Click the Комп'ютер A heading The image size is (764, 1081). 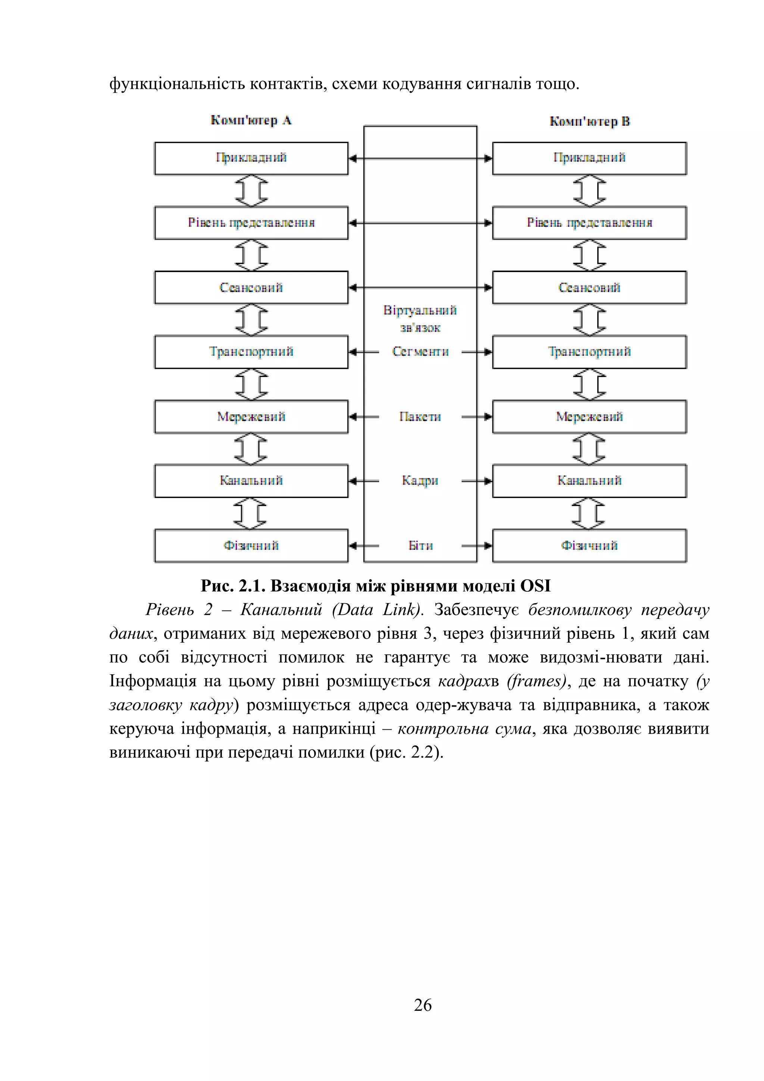[251, 121]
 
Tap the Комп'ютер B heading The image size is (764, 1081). [589, 121]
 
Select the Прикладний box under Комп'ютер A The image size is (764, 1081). [251, 158]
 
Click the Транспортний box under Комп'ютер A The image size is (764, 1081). [251, 352]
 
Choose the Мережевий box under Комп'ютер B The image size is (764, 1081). [589, 417]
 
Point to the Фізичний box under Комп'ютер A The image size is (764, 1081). [251, 546]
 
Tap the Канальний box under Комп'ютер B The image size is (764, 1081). [589, 481]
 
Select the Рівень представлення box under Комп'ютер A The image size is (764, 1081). [251, 223]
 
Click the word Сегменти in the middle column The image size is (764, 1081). [420, 352]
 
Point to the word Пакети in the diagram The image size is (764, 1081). [420, 417]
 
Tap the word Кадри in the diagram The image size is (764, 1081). [420, 481]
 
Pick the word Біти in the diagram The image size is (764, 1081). [420, 546]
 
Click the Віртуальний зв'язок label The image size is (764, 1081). [420, 319]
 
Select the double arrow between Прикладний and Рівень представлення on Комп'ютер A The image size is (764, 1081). [251, 191]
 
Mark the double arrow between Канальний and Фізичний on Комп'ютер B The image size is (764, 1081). [589, 514]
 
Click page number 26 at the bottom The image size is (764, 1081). [422, 1005]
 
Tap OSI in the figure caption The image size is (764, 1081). [535, 586]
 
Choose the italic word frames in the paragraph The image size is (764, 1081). [536, 681]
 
